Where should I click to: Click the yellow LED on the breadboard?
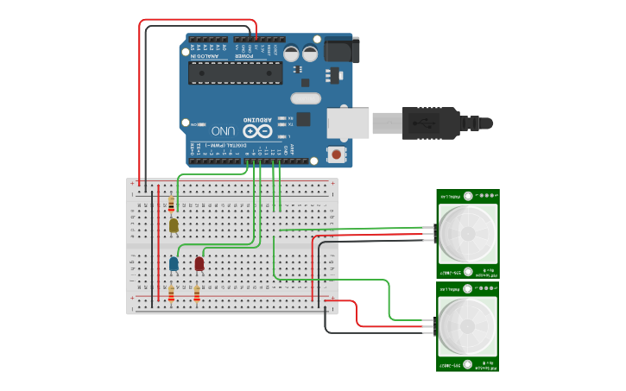pos(174,225)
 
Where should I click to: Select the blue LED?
pos(174,262)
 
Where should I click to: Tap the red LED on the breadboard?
pos(199,262)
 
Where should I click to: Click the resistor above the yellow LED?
pos(171,205)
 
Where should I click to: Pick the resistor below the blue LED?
pos(171,295)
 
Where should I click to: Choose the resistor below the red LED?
pos(197,295)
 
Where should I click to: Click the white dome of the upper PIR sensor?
pos(467,233)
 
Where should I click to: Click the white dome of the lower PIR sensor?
pos(467,327)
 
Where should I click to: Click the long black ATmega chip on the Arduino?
pos(236,73)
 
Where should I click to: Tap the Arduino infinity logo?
pos(257,131)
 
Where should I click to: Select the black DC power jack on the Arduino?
pos(342,49)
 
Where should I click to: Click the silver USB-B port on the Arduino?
pos(347,123)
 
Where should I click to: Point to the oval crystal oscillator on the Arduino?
pos(305,98)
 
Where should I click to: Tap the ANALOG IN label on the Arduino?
pos(208,55)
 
